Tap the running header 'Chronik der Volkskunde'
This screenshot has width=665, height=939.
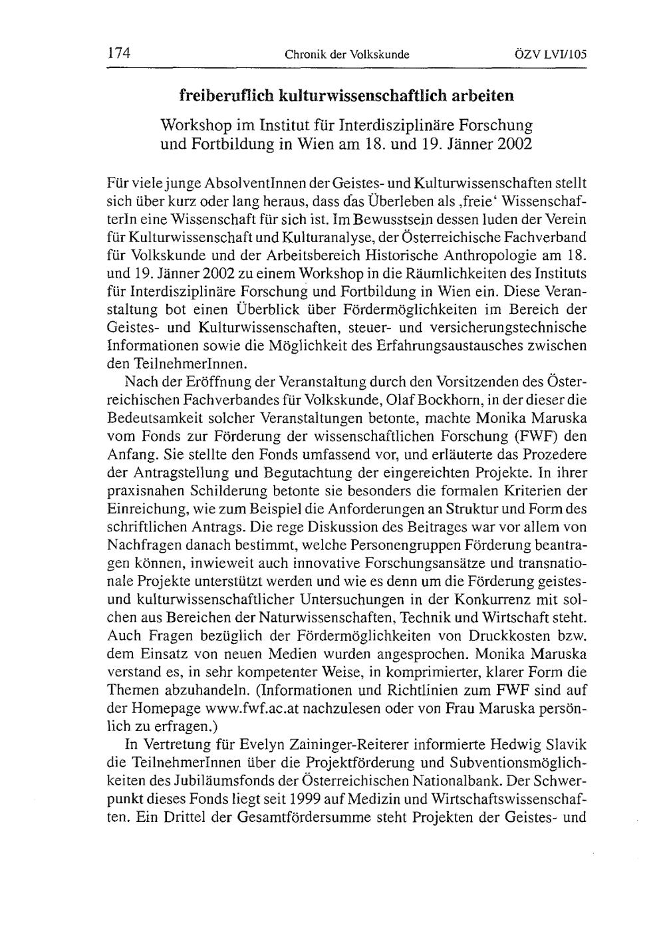click(x=346, y=54)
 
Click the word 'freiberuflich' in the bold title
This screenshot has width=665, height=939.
click(x=224, y=96)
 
